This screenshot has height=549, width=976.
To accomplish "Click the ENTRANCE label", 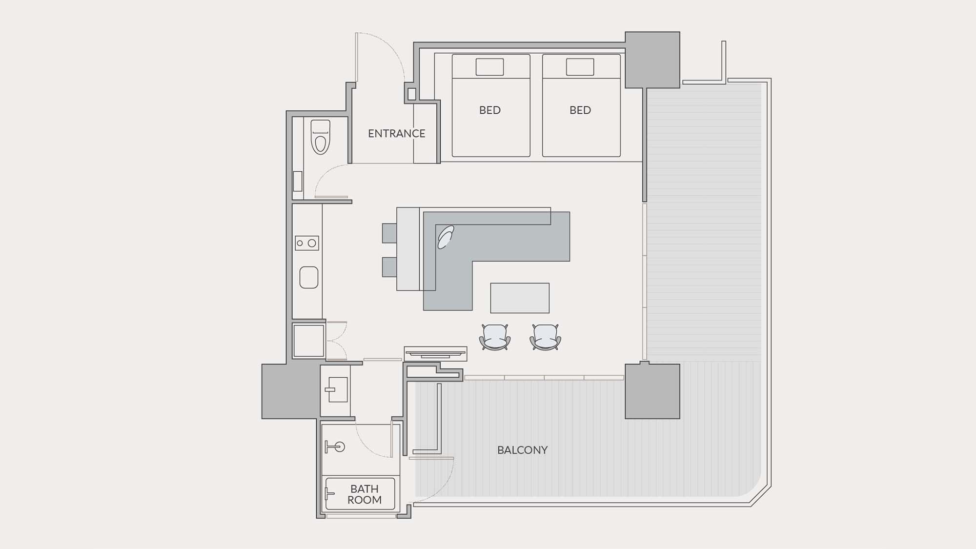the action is [396, 133].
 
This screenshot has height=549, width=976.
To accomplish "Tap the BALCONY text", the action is [522, 450].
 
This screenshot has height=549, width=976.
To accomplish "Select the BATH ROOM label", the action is [365, 494].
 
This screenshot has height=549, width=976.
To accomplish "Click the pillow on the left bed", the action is [489, 67].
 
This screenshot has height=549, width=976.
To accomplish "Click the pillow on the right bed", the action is [580, 67].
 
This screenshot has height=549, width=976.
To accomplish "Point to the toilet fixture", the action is [320, 137].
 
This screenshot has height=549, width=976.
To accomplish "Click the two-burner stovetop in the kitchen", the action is [306, 243].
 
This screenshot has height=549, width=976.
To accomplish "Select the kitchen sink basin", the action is [308, 277].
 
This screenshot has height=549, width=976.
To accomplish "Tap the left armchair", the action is [495, 337].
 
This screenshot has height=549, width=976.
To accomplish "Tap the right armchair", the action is [545, 337].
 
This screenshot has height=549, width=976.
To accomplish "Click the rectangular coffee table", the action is [520, 298].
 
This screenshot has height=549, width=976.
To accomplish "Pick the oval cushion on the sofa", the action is [446, 237].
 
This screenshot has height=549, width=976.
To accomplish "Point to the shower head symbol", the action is [335, 447].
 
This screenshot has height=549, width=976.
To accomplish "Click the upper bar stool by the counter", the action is [389, 233].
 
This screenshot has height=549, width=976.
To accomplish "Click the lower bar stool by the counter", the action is [389, 267].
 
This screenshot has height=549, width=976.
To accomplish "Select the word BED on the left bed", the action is [490, 110].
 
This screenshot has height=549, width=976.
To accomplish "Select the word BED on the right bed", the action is [580, 110].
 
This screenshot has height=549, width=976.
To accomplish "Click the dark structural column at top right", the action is [652, 60].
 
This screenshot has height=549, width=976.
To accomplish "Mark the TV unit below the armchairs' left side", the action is [435, 353].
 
